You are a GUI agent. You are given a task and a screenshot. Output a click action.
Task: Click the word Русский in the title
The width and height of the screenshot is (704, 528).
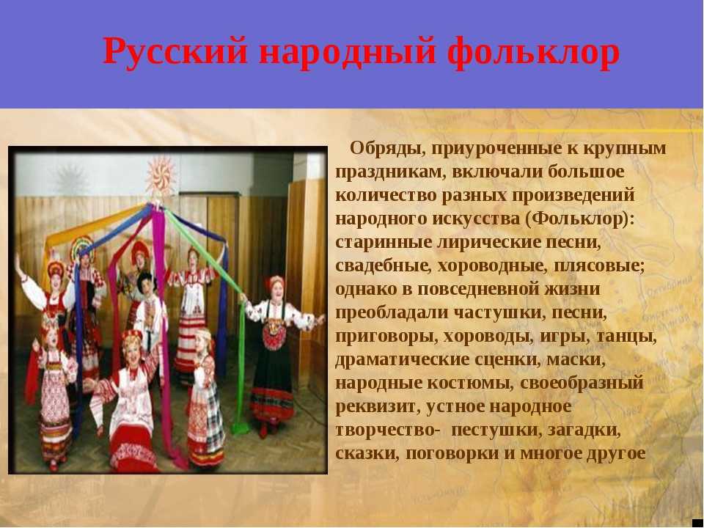click(x=175, y=51)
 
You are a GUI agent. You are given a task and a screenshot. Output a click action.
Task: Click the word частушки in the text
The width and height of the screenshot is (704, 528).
click(x=499, y=313)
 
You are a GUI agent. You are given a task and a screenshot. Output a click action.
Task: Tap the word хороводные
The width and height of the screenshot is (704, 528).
click(x=493, y=266)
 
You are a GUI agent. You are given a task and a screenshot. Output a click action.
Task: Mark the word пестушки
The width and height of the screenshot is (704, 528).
click(x=493, y=430)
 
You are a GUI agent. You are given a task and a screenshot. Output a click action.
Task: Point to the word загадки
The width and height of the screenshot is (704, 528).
click(x=584, y=430)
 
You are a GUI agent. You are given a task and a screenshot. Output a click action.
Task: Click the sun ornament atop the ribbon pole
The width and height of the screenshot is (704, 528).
click(x=160, y=176)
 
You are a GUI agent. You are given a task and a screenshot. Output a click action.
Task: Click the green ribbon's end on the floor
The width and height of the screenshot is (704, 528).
click(x=241, y=427)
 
